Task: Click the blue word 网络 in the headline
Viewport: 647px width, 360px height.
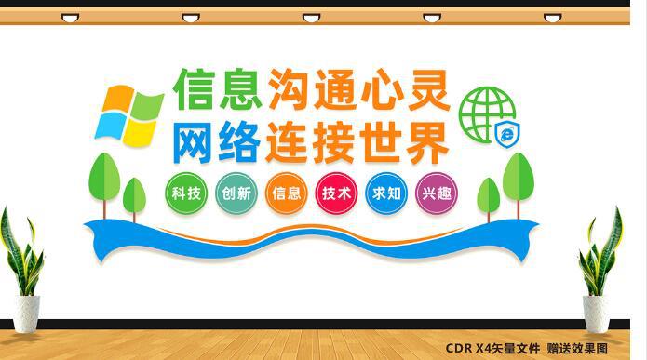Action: click(x=216, y=142)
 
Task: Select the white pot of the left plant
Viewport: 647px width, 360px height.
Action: click(x=25, y=313)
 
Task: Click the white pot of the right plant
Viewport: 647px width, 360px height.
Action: click(x=597, y=313)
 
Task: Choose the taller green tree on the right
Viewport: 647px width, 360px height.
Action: click(x=518, y=181)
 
